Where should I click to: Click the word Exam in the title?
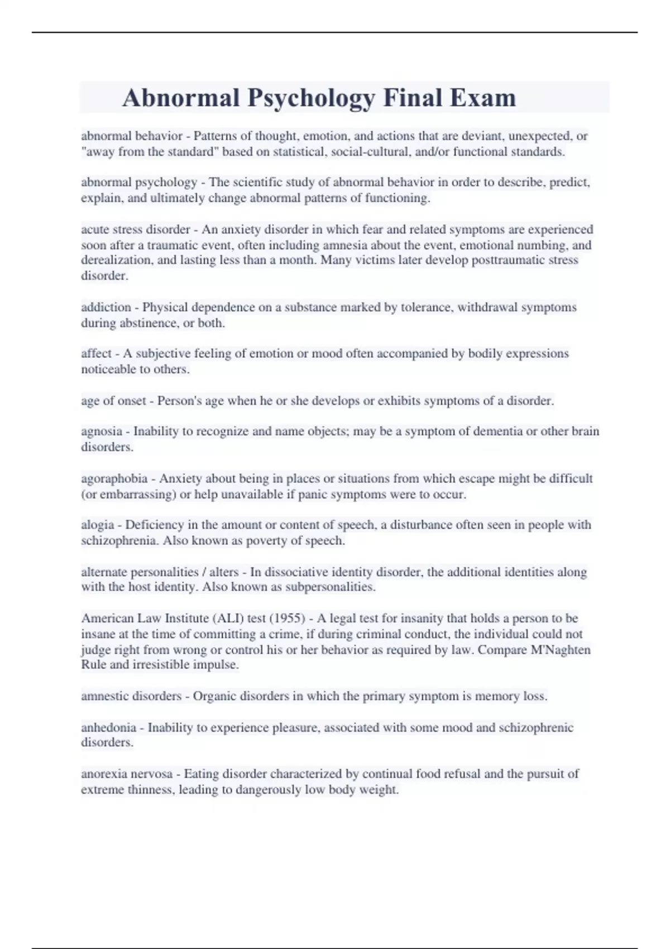[x=482, y=98]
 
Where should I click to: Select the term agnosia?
[x=102, y=432]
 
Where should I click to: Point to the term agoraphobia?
[x=114, y=479]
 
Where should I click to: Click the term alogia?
[x=98, y=525]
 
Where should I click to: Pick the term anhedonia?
[x=109, y=728]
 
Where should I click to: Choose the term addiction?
[x=106, y=308]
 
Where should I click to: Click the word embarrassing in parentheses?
[x=141, y=495]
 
